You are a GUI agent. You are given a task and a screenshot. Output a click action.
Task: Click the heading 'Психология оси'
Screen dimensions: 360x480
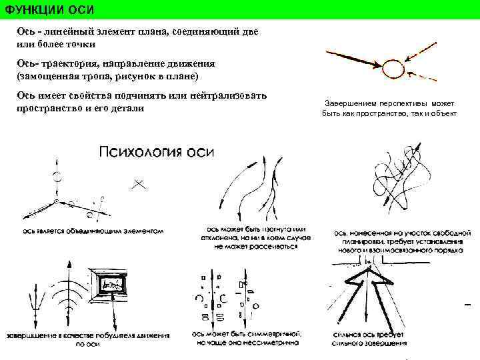[x=156, y=151]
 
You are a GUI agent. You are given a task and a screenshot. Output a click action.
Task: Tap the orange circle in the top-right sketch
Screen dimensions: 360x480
[x=393, y=67]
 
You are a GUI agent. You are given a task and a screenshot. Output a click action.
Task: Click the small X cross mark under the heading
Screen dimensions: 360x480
[x=139, y=183]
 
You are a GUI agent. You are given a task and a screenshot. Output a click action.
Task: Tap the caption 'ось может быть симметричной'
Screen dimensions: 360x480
[x=247, y=338]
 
